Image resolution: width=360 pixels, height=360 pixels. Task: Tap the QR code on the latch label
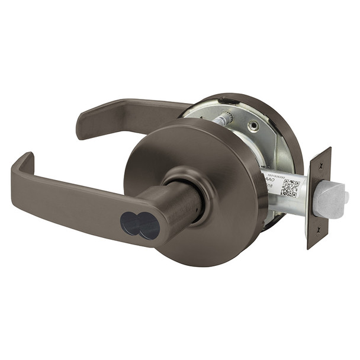click(290, 187)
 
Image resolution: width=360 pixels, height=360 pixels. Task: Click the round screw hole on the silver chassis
click(253, 126)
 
